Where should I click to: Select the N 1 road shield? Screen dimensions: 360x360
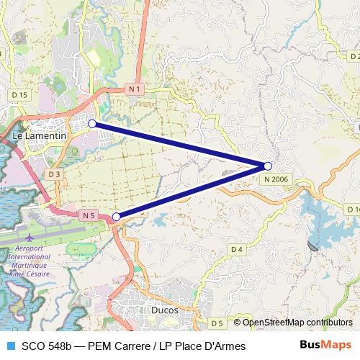tap(133, 89)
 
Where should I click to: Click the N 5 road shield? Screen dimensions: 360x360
tap(89, 215)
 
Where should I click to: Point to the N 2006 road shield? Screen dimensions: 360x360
tap(276, 178)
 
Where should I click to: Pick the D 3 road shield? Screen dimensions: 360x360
tap(55, 174)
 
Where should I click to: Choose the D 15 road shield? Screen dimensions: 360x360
tap(19, 94)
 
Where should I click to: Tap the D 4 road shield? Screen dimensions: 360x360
tap(237, 249)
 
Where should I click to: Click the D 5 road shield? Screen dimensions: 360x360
tap(217, 323)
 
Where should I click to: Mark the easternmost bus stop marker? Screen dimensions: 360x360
tap(268, 166)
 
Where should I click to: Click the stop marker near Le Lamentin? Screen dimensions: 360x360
tap(92, 124)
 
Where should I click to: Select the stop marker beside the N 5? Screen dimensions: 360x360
tap(117, 216)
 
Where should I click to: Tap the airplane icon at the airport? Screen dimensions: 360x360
tap(29, 237)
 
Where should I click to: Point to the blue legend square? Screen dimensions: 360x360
tap(9, 346)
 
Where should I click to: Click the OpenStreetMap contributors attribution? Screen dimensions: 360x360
tap(297, 322)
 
